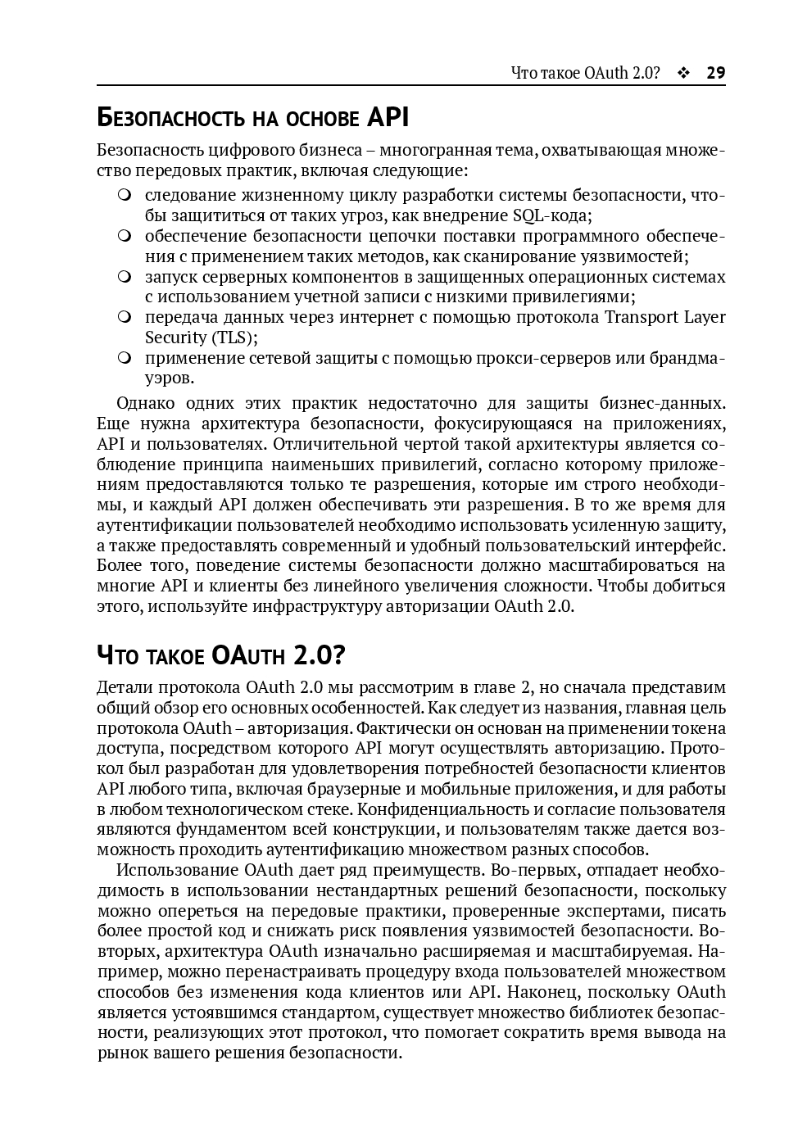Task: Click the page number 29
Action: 715,73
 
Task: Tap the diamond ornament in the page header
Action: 683,73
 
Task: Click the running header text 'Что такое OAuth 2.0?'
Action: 585,73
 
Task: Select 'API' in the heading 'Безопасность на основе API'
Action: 388,118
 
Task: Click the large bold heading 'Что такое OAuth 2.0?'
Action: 221,655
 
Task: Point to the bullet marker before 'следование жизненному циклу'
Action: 124,196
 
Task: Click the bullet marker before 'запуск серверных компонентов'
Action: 124,277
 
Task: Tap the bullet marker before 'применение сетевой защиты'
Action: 124,358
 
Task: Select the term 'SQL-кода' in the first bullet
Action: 551,215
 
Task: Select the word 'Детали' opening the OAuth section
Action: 123,687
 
